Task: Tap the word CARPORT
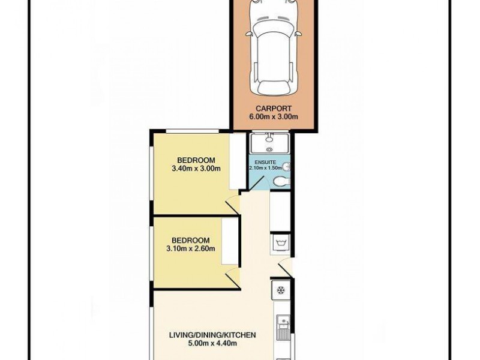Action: (x=273, y=109)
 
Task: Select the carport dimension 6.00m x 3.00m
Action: (x=273, y=118)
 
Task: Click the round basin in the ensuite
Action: (x=287, y=166)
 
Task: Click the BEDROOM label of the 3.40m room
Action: (x=196, y=160)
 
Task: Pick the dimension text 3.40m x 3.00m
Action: (x=196, y=169)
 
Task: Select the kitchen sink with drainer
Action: (x=284, y=328)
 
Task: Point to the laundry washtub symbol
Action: (x=280, y=242)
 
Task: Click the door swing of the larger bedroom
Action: (x=233, y=205)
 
